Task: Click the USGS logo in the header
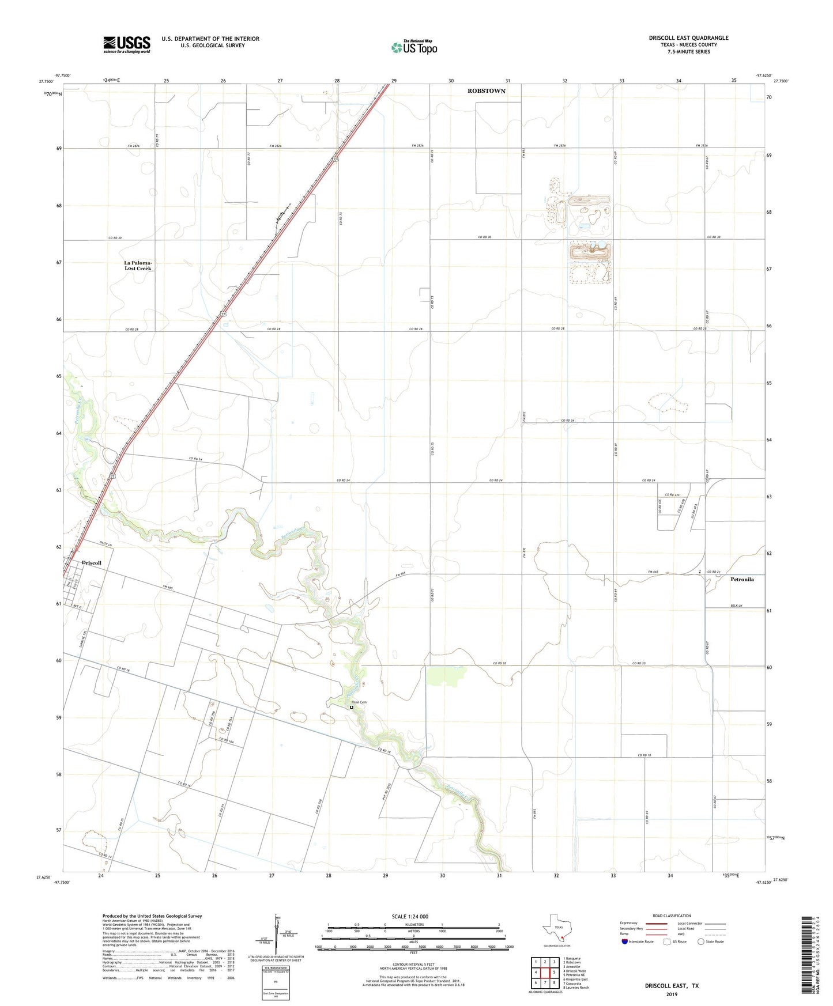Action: pyautogui.click(x=127, y=44)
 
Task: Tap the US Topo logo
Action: pyautogui.click(x=414, y=47)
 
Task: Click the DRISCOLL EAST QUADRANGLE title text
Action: pyautogui.click(x=688, y=38)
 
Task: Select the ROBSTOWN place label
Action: pyautogui.click(x=486, y=91)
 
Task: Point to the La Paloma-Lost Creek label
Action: pyautogui.click(x=138, y=266)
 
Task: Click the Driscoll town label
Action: pyautogui.click(x=92, y=563)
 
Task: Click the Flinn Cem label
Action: pyautogui.click(x=359, y=702)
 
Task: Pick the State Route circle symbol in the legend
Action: pyautogui.click(x=701, y=941)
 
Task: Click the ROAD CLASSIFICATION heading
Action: pyautogui.click(x=672, y=916)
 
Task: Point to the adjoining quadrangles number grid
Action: pyautogui.click(x=545, y=973)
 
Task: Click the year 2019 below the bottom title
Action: pyautogui.click(x=671, y=994)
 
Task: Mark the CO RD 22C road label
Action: pyautogui.click(x=673, y=495)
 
